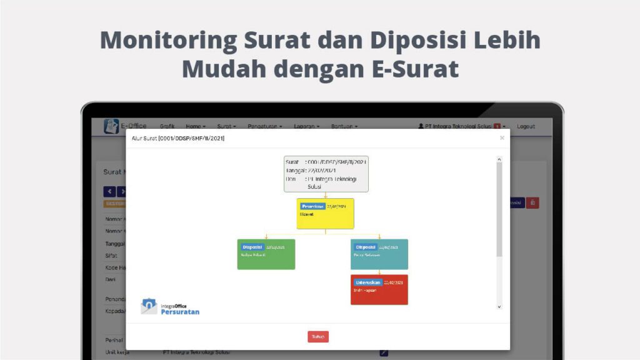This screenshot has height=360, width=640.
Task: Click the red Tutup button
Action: click(x=317, y=337)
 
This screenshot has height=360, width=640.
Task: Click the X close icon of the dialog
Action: click(x=502, y=138)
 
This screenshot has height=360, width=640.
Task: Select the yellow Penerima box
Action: click(x=325, y=214)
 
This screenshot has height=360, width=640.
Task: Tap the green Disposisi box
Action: click(x=266, y=254)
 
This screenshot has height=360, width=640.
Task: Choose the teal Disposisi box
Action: click(x=379, y=254)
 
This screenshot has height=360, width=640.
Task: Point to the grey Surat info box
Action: click(x=326, y=174)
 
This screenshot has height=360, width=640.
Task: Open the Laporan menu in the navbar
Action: click(x=306, y=126)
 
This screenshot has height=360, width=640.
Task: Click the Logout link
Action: click(x=526, y=126)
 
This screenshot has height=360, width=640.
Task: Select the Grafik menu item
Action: click(x=167, y=126)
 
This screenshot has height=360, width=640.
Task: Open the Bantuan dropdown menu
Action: click(x=344, y=126)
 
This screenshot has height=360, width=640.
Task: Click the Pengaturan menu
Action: click(x=264, y=126)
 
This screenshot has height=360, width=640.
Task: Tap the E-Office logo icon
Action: click(x=111, y=126)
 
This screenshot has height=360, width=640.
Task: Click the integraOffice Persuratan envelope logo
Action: click(x=149, y=306)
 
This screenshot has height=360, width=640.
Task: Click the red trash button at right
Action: click(x=532, y=202)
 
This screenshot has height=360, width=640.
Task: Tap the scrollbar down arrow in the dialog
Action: click(x=499, y=307)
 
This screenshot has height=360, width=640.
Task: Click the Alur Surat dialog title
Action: click(x=177, y=138)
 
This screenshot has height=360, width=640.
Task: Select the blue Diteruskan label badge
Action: click(x=367, y=282)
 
